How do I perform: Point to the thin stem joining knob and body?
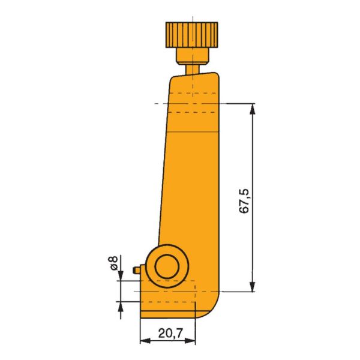pos(191,68)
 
